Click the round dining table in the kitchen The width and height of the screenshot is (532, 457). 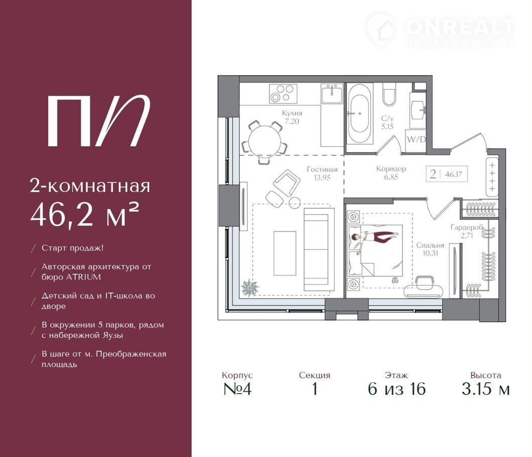(x=265, y=141)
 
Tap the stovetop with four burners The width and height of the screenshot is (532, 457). (x=283, y=93)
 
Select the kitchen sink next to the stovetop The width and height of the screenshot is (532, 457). (x=332, y=93)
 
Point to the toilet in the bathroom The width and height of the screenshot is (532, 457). (x=389, y=94)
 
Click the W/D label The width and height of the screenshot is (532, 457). (x=416, y=139)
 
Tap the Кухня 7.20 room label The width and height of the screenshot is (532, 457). (x=292, y=117)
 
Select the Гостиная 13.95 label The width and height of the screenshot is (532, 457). (x=322, y=173)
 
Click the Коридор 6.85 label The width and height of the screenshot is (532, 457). (x=391, y=172)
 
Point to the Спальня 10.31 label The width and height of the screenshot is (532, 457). (x=430, y=249)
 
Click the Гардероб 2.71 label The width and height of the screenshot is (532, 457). (x=467, y=231)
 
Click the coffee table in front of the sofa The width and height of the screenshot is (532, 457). (x=285, y=254)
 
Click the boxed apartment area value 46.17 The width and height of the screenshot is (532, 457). (x=453, y=174)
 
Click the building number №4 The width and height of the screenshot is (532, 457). (x=238, y=389)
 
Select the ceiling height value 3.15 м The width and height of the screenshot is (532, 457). (x=485, y=389)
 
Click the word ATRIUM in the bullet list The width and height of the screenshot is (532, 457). (x=83, y=277)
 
